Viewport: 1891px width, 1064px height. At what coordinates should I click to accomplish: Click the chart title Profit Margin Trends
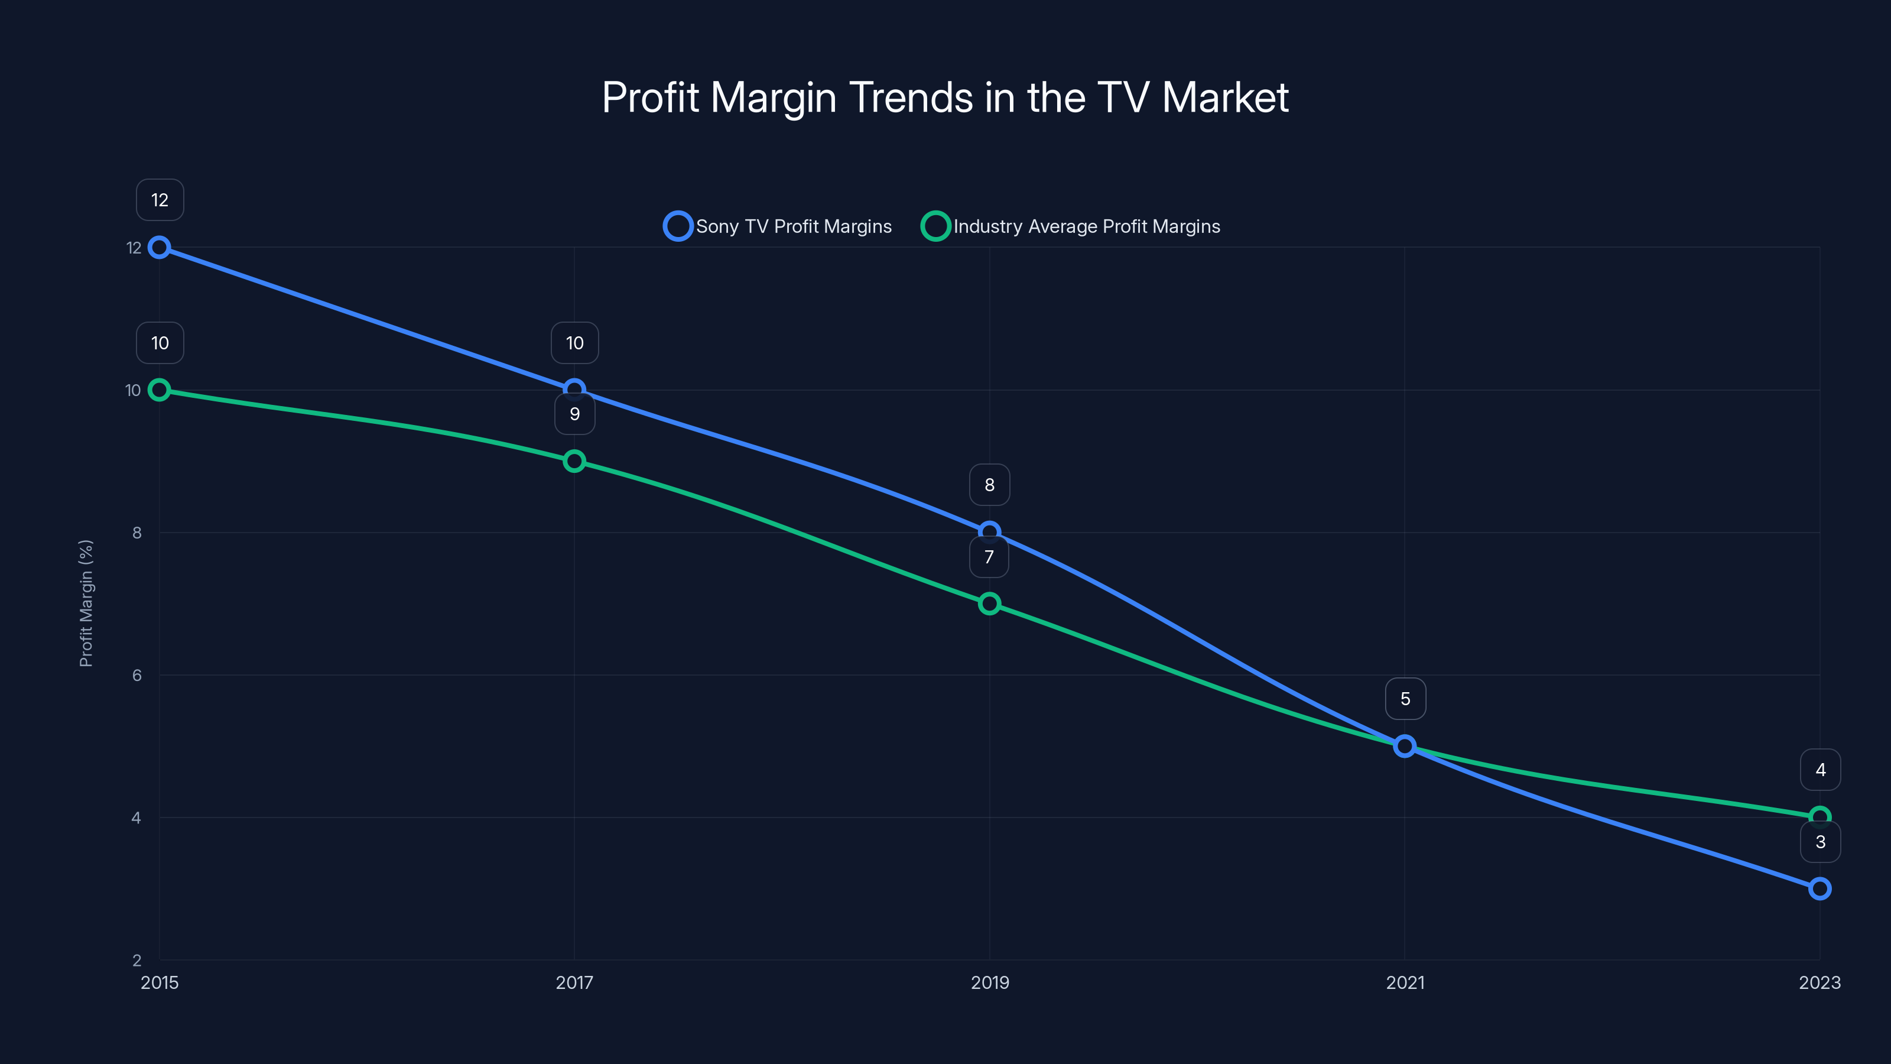tap(945, 98)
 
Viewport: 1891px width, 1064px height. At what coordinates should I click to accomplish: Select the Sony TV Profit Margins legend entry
tap(778, 226)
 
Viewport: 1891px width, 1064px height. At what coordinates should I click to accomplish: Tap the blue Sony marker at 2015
tap(160, 248)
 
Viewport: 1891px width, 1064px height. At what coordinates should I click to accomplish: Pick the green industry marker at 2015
tap(160, 390)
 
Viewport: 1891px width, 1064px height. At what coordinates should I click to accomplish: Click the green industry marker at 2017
tap(574, 461)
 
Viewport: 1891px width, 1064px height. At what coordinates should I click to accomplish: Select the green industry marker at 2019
tap(990, 604)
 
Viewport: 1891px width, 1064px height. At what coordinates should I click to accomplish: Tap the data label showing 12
tap(160, 200)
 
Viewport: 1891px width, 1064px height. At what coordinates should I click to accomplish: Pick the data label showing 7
tap(989, 557)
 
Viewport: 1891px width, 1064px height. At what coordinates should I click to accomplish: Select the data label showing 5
tap(1405, 699)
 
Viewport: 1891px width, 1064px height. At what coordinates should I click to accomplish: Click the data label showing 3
tap(1820, 842)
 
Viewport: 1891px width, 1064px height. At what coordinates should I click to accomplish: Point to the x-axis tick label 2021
tap(1405, 982)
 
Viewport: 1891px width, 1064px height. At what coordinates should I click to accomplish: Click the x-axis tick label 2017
tap(574, 982)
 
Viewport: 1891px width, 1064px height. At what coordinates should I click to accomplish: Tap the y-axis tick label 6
tap(137, 676)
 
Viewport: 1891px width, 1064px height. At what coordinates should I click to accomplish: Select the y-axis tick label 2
tap(137, 961)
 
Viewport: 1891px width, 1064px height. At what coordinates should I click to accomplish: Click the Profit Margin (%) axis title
tap(86, 604)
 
